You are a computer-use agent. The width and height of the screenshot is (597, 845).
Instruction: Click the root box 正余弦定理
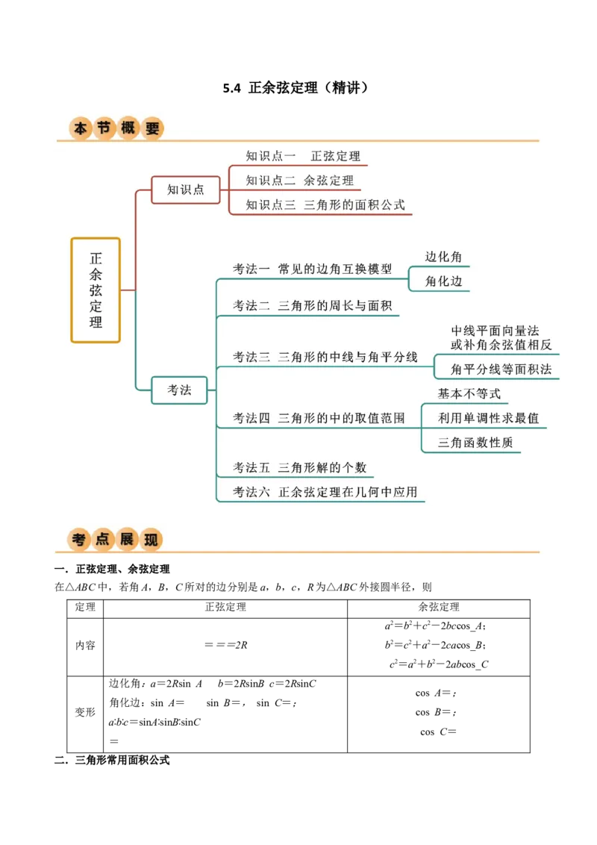[x=96, y=290]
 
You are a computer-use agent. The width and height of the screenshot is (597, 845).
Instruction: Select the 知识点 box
[x=186, y=190]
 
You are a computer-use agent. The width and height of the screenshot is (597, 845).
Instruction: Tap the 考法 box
[x=179, y=390]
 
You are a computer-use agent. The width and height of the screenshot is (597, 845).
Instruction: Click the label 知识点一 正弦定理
[x=303, y=156]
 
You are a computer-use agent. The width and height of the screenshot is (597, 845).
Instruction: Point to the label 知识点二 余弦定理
[x=300, y=180]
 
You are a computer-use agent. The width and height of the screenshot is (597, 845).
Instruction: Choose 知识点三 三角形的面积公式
[x=325, y=205]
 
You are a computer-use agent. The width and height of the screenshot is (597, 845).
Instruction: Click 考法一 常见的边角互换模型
[x=312, y=269]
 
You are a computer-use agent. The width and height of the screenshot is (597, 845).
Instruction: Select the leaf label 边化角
[x=443, y=257]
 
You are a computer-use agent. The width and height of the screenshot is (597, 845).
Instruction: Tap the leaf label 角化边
[x=443, y=281]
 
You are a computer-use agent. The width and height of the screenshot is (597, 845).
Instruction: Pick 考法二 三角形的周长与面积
[x=312, y=305]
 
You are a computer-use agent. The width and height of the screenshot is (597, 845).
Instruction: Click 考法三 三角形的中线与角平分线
[x=325, y=357]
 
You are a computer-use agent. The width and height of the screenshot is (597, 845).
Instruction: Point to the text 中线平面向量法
[x=495, y=331]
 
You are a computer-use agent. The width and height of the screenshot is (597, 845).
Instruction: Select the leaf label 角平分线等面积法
[x=501, y=369]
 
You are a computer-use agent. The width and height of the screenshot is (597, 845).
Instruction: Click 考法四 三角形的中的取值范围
[x=319, y=418]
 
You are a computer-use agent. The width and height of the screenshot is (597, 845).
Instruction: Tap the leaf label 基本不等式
[x=469, y=393]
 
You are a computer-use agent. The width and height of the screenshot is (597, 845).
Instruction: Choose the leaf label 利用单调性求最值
[x=488, y=418]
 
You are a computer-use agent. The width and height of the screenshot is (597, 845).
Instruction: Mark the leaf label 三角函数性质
[x=475, y=442]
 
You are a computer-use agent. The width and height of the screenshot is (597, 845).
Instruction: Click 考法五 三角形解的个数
[x=299, y=467]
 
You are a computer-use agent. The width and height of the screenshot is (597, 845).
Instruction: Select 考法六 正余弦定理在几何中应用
[x=325, y=492]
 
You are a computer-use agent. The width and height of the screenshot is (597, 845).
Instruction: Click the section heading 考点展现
[x=116, y=539]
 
